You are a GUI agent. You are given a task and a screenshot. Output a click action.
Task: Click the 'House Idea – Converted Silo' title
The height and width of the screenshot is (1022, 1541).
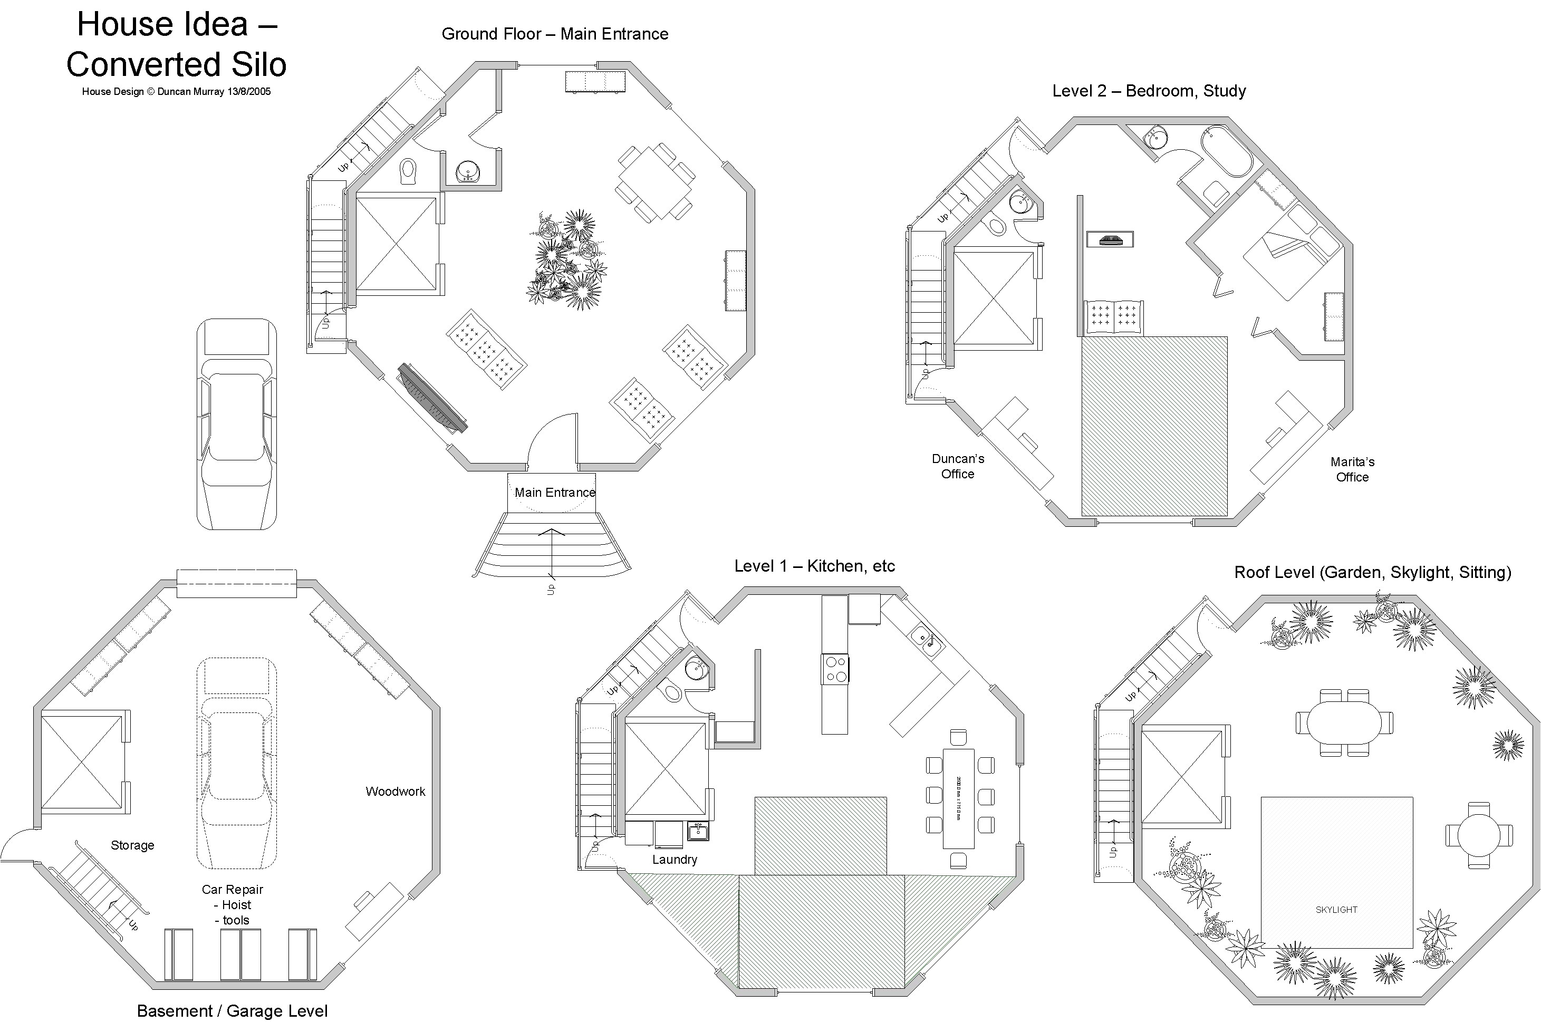point(176,44)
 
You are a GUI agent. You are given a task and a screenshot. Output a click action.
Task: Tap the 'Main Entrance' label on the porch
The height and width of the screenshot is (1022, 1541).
point(555,493)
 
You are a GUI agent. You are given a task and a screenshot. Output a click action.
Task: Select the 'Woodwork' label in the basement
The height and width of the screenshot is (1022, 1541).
point(395,791)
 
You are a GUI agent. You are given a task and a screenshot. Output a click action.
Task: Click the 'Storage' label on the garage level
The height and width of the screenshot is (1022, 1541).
point(132,845)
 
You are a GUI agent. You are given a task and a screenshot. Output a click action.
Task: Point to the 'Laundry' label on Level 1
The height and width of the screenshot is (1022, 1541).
point(675,860)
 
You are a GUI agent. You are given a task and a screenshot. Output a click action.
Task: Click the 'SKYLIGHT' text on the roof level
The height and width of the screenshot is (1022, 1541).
point(1336,910)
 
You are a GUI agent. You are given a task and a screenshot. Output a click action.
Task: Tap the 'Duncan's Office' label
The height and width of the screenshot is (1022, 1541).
point(958,466)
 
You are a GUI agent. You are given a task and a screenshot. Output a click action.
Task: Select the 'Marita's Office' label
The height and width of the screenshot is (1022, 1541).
point(1352,469)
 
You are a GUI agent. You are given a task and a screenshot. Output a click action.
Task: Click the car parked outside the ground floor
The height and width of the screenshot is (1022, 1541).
point(237,423)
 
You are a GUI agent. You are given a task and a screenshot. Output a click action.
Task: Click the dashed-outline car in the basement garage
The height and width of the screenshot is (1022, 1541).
point(237,763)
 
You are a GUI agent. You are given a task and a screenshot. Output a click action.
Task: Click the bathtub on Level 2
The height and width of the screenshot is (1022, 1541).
point(1227,151)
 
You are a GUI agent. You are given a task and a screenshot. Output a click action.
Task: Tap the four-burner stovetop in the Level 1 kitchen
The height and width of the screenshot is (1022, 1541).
point(835,669)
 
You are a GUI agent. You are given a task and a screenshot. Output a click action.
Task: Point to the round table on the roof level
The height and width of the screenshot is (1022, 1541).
point(1478,835)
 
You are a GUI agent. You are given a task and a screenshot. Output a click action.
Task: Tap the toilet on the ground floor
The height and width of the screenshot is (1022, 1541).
point(408,171)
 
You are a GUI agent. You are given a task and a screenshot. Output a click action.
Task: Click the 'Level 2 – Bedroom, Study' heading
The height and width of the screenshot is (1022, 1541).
point(1149,91)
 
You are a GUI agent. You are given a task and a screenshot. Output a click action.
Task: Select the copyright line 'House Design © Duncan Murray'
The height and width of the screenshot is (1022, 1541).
point(176,92)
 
